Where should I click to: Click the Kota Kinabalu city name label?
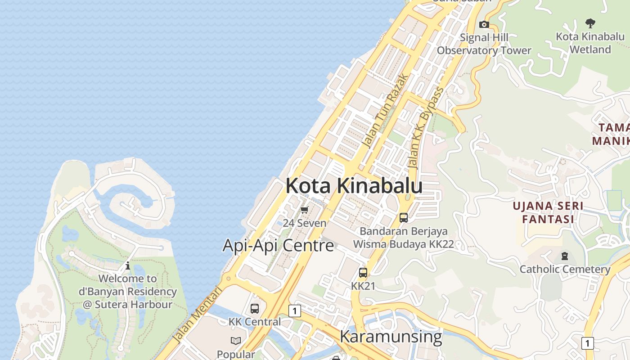click(x=354, y=186)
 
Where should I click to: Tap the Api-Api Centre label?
click(x=278, y=246)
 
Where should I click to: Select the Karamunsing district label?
click(x=391, y=337)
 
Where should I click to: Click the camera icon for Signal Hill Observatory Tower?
click(x=484, y=24)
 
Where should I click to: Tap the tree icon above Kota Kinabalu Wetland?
click(x=590, y=23)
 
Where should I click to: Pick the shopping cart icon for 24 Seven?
click(x=305, y=210)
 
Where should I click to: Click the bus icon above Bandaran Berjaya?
click(x=404, y=218)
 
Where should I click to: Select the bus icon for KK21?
click(x=363, y=273)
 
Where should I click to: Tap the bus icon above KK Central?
click(x=255, y=309)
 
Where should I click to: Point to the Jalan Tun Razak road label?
click(x=386, y=111)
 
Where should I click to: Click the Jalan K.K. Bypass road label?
click(x=426, y=128)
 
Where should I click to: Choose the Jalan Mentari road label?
click(x=198, y=315)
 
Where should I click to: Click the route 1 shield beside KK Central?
click(x=295, y=310)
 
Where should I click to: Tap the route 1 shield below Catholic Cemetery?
click(x=587, y=343)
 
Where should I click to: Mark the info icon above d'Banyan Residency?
click(x=128, y=265)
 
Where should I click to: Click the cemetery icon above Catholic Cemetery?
click(x=565, y=256)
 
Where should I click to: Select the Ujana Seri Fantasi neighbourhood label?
click(x=548, y=212)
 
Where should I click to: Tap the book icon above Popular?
click(x=236, y=341)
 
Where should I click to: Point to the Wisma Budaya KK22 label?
click(x=403, y=244)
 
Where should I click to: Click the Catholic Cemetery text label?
click(x=565, y=269)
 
